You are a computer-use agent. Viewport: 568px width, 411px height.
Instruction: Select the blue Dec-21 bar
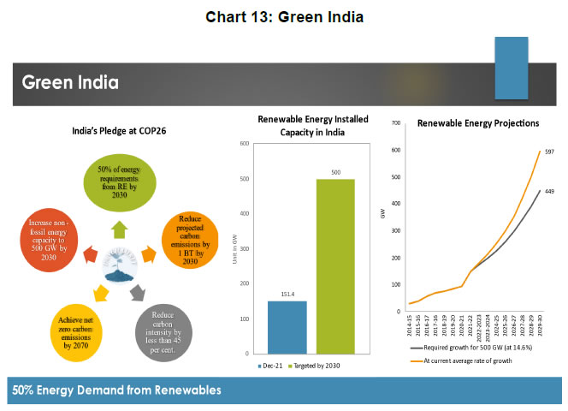[287, 326]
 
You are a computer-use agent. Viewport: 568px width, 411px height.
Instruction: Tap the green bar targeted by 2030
[335, 265]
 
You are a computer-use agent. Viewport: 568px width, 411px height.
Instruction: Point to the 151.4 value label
[287, 294]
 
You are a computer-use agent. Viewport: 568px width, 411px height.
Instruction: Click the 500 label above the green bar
[335, 172]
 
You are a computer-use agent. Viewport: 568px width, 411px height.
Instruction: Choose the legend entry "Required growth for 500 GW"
[467, 349]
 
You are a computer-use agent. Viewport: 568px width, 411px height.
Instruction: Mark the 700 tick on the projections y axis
[395, 123]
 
